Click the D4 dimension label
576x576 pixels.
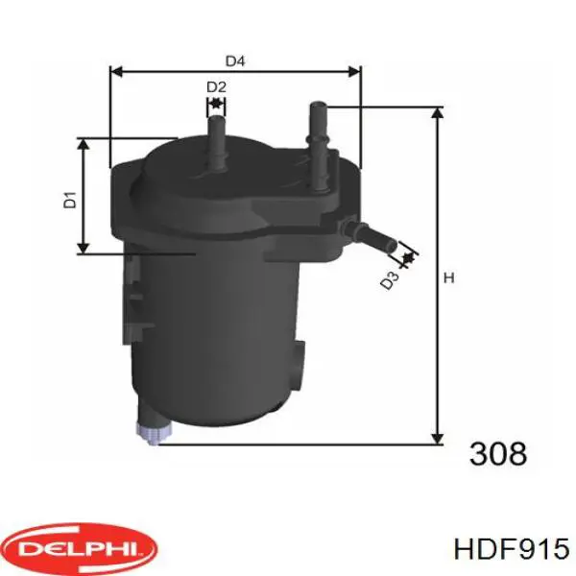point(235,61)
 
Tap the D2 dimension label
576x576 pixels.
point(216,87)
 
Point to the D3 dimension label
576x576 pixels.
point(388,281)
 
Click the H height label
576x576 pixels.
point(447,279)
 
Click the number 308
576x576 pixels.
point(498,453)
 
